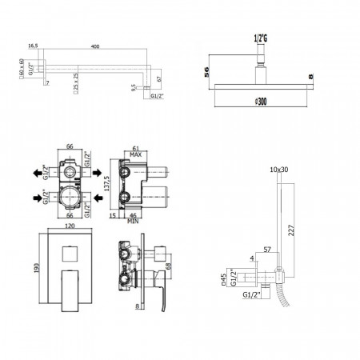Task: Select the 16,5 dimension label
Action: click(33, 47)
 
